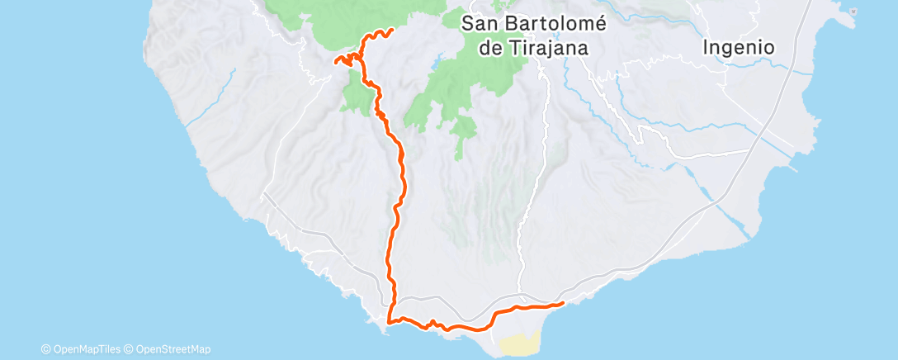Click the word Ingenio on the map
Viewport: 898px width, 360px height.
point(739,48)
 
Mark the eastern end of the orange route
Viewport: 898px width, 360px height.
point(563,303)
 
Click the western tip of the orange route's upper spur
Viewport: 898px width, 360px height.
point(334,59)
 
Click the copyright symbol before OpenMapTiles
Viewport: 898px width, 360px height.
point(45,349)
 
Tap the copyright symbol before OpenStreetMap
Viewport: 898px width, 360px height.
point(129,349)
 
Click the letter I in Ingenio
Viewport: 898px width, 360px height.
point(707,48)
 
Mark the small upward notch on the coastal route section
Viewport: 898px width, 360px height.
point(432,320)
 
